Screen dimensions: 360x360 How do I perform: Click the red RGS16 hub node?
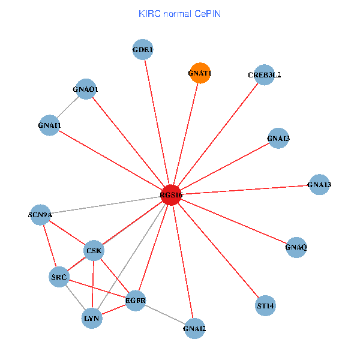pyautogui.click(x=172, y=195)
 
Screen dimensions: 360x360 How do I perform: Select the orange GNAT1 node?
pyautogui.click(x=200, y=73)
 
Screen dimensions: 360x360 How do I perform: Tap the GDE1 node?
pyautogui.click(x=143, y=50)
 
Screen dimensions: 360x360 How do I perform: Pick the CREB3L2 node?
pyautogui.click(x=264, y=75)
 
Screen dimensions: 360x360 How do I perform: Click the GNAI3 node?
pyautogui.click(x=278, y=139)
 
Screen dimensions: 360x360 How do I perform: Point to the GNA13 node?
pyautogui.click(x=319, y=184)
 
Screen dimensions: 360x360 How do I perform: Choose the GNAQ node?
pyautogui.click(x=296, y=247)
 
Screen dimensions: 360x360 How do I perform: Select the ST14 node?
pyautogui.click(x=265, y=305)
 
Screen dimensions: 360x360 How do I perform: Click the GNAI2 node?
pyautogui.click(x=194, y=328)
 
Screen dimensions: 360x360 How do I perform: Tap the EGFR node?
pyautogui.click(x=136, y=300)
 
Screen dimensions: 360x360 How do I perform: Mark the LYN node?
pyautogui.click(x=92, y=319)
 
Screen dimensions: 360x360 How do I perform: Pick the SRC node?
pyautogui.click(x=59, y=277)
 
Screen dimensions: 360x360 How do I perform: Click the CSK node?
pyautogui.click(x=94, y=250)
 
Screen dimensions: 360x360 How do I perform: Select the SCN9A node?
pyautogui.click(x=41, y=214)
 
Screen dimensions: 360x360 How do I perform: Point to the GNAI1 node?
pyautogui.click(x=49, y=125)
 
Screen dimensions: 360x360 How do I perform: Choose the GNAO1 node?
pyautogui.click(x=85, y=89)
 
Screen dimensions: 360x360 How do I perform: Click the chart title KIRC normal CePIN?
pyautogui.click(x=179, y=13)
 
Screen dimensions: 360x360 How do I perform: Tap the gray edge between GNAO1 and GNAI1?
pyautogui.click(x=67, y=107)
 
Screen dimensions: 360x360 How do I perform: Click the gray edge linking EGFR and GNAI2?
pyautogui.click(x=165, y=314)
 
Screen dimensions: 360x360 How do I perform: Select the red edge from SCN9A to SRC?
pyautogui.click(x=50, y=245)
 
